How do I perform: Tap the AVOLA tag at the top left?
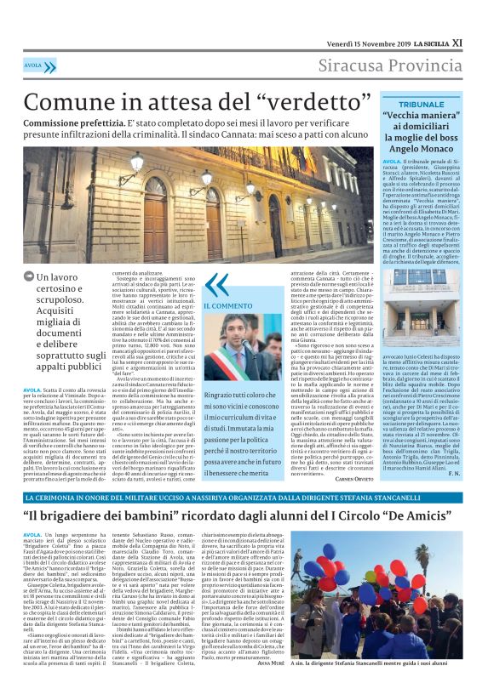coord(33,65)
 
